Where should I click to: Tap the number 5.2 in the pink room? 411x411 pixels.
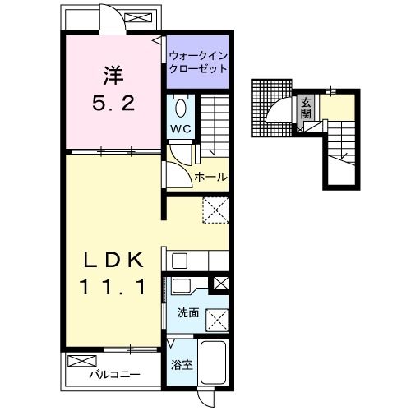click(113, 104)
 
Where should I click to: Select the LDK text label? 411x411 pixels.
click(113, 260)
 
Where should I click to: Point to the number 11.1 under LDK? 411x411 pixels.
click(113, 287)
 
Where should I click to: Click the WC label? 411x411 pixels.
click(180, 128)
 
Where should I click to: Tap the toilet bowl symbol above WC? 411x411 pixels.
click(181, 107)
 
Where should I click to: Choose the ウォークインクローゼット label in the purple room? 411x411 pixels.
click(198, 62)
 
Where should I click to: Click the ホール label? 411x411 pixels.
click(210, 178)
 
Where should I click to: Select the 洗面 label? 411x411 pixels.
click(188, 312)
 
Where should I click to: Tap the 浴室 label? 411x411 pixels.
click(182, 365)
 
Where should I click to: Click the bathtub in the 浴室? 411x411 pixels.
click(214, 363)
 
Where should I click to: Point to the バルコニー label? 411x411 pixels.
click(114, 374)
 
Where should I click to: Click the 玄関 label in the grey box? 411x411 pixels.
click(306, 109)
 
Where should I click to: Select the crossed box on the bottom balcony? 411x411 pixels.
click(82, 361)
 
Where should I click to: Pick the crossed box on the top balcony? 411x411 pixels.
click(138, 18)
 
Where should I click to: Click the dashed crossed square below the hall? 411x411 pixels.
click(216, 210)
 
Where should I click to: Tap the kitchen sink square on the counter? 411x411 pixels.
click(179, 261)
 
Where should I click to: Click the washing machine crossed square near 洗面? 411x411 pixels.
click(217, 321)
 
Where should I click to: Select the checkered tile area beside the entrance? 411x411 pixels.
click(271, 108)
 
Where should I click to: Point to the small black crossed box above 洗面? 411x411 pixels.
click(220, 284)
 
